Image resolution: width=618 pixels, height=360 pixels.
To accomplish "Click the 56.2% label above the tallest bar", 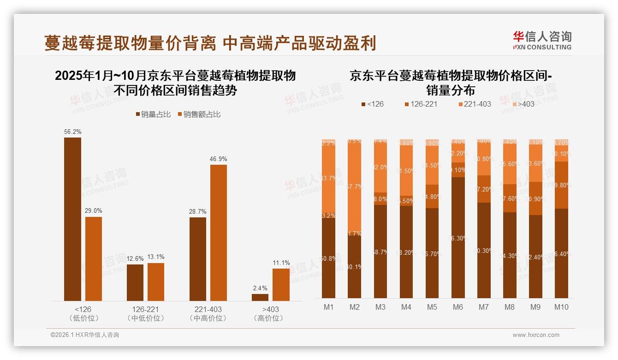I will pos(73,132).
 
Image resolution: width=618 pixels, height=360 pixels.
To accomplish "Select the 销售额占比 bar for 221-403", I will pos(219,233).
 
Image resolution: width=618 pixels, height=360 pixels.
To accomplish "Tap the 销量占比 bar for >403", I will pos(260,297).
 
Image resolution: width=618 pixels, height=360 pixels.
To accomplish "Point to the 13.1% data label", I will pos(156,257).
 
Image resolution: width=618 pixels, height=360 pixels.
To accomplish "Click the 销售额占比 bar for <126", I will pos(94,258).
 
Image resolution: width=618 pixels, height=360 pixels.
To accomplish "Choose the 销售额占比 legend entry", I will pos(199,114).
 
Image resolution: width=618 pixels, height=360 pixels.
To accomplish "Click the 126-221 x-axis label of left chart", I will pos(145,309).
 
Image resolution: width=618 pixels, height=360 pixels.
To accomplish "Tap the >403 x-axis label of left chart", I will pos(271,309).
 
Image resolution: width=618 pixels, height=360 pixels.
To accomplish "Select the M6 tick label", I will pos(458,307).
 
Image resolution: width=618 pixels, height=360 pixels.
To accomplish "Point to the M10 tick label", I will pos(561,307).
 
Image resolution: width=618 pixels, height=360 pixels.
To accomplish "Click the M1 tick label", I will pos(329,307).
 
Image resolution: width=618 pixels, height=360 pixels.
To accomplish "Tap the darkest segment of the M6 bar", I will pos(458,237).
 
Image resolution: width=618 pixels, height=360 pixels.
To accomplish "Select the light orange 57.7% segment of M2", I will pos(355,187).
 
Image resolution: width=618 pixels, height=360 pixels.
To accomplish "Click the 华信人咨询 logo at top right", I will pos(542,41).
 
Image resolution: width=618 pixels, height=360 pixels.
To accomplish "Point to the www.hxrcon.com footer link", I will pos(536,335).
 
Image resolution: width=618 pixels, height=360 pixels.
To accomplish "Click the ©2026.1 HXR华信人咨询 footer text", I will pos(85,335).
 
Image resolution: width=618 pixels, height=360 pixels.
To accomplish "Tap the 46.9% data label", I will pos(219,159).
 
